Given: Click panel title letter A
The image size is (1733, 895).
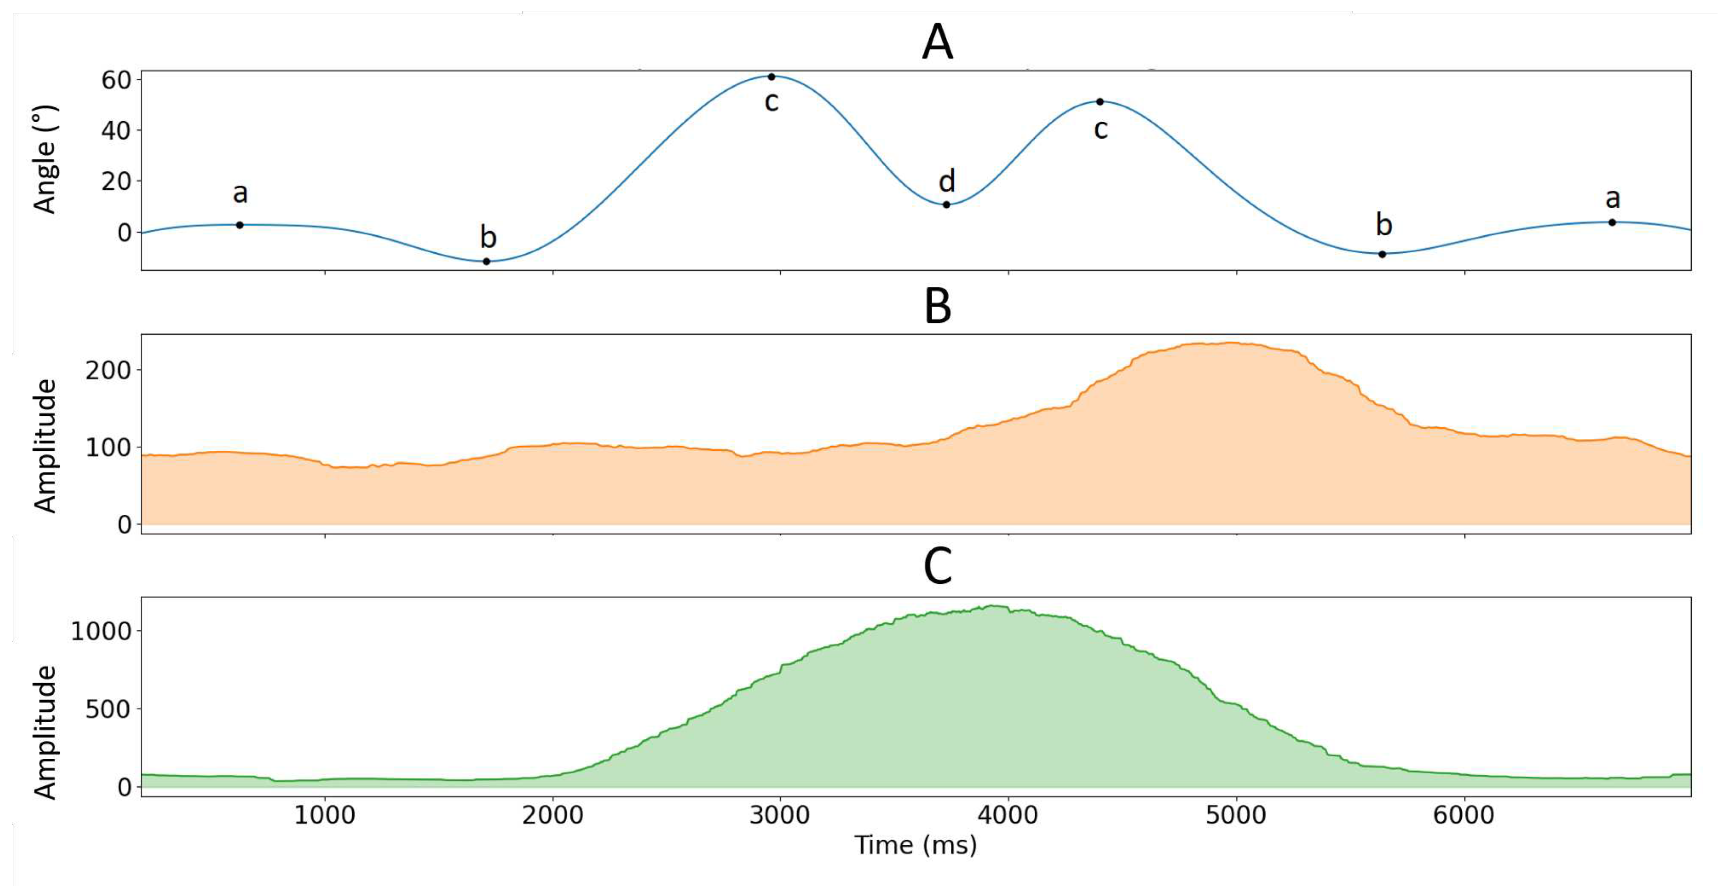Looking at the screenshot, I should pos(937,42).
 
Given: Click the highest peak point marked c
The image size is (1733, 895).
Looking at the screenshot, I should pos(772,77).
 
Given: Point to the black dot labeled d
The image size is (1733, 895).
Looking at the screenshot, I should pos(946,205).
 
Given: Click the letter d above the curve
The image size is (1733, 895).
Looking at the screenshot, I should pos(947,181).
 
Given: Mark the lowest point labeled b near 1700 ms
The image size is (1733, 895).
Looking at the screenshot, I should pos(486,261).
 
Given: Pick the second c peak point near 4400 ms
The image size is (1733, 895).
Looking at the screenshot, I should pos(1100,102).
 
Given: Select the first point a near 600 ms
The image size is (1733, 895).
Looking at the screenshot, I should pos(239,225).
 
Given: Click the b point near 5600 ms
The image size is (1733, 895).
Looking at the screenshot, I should pos(1382,254).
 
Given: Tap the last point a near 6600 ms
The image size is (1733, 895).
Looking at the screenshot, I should pos(1612,222).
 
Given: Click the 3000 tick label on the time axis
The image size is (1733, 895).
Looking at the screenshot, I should pos(780,816).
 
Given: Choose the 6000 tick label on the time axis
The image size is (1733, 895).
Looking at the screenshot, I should pos(1464,816).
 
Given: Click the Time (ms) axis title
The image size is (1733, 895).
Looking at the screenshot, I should pos(915,845).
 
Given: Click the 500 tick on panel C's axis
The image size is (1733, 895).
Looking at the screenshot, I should pos(108,709).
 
